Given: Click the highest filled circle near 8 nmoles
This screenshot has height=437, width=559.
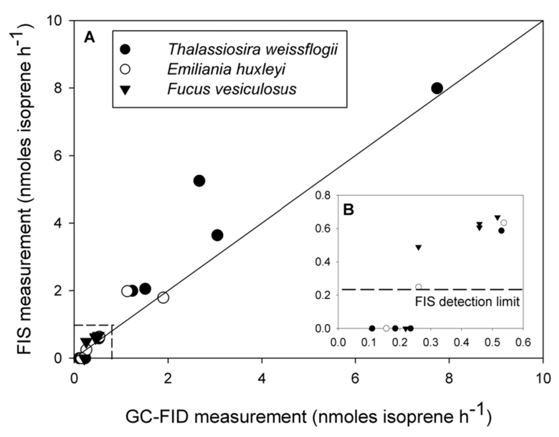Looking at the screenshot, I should coord(437,88).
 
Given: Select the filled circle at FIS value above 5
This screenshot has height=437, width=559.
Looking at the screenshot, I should coord(199,180).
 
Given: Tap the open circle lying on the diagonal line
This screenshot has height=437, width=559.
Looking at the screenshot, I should coord(164,297).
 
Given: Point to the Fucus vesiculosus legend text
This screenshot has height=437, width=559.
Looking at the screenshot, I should coord(232,89).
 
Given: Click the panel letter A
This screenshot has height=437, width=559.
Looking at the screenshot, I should coord(90,38).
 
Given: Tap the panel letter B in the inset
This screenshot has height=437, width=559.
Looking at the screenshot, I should coord(349,210).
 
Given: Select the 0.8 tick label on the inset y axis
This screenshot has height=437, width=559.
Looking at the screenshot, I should coord(326,195).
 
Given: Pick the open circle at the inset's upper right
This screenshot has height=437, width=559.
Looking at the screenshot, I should coord(504,223).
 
